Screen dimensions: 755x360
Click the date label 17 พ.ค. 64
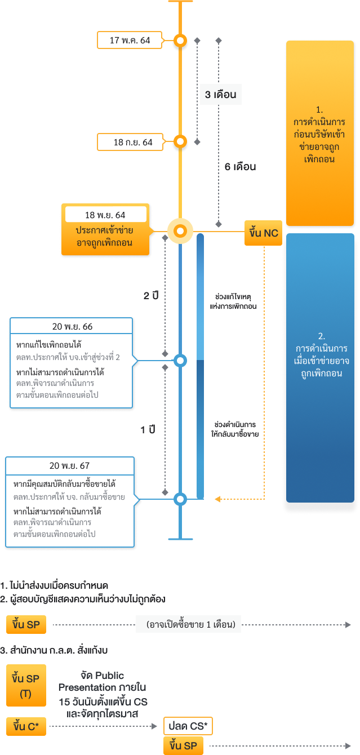[x=130, y=40]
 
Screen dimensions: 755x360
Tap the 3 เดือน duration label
[x=220, y=95]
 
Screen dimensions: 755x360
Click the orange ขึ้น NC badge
[x=263, y=233]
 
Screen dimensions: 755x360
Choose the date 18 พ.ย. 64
[x=105, y=215]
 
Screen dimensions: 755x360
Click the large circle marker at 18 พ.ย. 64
[x=180, y=231]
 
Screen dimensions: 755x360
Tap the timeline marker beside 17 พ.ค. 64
[x=180, y=41]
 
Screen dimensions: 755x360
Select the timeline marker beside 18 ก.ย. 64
[x=180, y=141]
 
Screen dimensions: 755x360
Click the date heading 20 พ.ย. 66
[x=72, y=326]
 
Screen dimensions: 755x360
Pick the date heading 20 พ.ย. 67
[x=69, y=465]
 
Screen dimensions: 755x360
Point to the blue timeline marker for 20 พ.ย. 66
[x=180, y=360]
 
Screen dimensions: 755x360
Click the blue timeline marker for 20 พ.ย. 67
[x=180, y=499]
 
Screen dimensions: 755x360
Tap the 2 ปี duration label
[x=150, y=295]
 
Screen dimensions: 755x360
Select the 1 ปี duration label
[x=148, y=430]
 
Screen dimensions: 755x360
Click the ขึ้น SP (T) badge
[x=26, y=685]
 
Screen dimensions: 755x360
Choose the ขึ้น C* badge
[x=26, y=727]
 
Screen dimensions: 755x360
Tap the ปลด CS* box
[x=188, y=726]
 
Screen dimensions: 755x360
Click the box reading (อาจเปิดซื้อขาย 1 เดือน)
[x=188, y=624]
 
